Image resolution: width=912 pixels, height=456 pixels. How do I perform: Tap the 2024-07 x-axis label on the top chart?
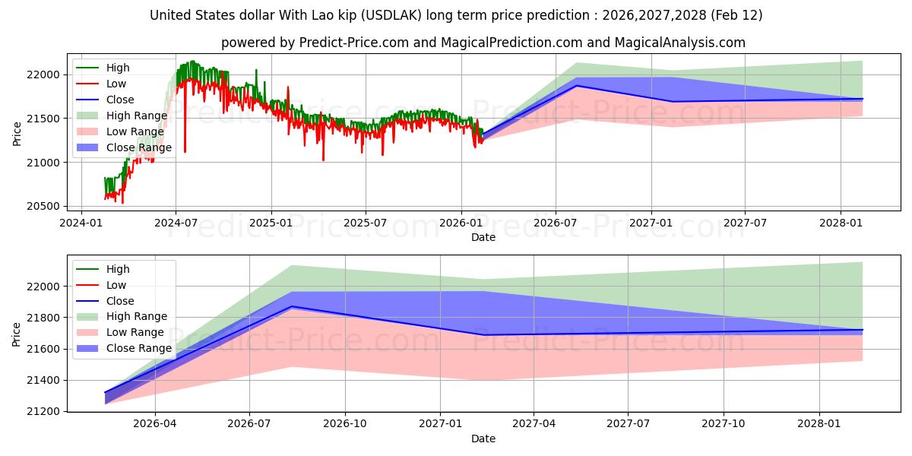pyautogui.click(x=176, y=223)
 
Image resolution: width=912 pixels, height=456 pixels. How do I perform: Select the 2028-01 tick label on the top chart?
pyautogui.click(x=840, y=223)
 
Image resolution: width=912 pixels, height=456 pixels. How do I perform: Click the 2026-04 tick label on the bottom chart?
pyautogui.click(x=155, y=424)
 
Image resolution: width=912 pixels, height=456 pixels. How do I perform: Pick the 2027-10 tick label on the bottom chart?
pyautogui.click(x=724, y=424)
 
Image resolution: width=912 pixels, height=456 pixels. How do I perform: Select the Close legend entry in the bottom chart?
pyautogui.click(x=120, y=301)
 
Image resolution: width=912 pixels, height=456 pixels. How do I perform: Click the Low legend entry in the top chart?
pyautogui.click(x=116, y=84)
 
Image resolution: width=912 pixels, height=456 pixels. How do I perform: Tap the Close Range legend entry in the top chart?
pyautogui.click(x=138, y=147)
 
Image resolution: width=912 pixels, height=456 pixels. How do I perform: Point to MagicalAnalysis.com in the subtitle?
pyautogui.click(x=682, y=43)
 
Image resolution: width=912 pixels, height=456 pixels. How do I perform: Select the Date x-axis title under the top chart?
pyautogui.click(x=483, y=237)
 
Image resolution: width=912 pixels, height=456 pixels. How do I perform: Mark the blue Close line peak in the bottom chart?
pyautogui.click(x=292, y=306)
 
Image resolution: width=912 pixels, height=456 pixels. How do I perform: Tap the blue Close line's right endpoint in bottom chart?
pyautogui.click(x=862, y=330)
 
